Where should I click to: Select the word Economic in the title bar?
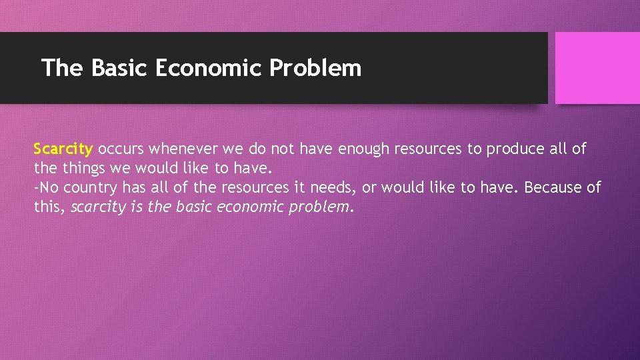pos(209,68)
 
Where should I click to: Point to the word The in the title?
pos(62,68)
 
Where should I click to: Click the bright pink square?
pos(597,68)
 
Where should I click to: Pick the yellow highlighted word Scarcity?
pos(63,149)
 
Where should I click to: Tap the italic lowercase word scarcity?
pos(97,207)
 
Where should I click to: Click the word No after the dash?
pos(49,188)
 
